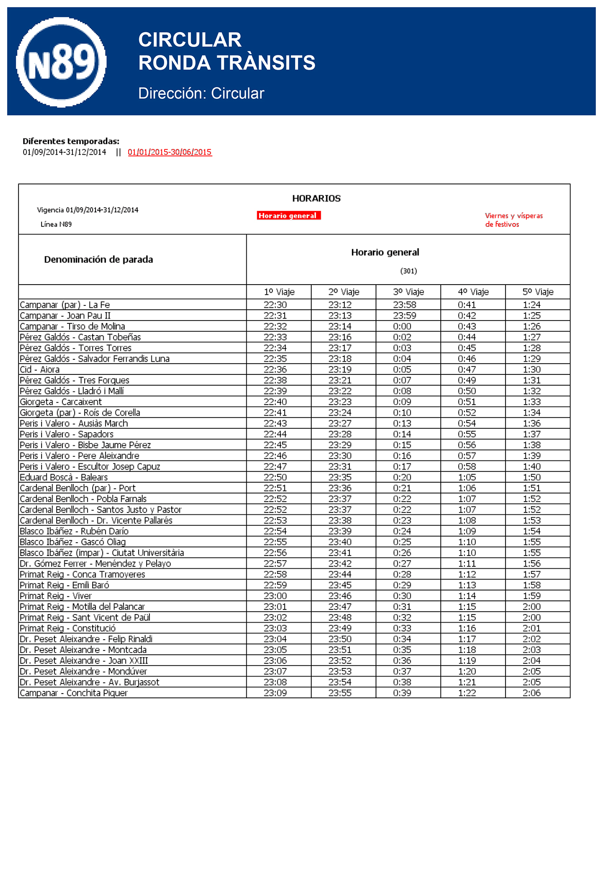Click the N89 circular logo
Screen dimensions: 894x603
tap(61, 62)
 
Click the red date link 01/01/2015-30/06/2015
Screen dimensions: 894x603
tap(170, 152)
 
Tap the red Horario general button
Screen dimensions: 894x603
tap(288, 216)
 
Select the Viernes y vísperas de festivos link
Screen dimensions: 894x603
tap(514, 220)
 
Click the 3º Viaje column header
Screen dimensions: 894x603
tap(408, 292)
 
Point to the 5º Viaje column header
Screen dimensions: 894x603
tap(538, 292)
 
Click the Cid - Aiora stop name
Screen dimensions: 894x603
tap(40, 370)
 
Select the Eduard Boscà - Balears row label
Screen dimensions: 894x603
tap(64, 477)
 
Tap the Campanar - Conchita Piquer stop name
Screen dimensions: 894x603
tap(74, 693)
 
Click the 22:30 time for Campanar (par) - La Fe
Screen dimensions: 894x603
tap(275, 305)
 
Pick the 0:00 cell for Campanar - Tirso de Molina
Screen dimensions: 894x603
tap(402, 327)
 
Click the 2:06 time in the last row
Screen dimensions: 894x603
tap(532, 693)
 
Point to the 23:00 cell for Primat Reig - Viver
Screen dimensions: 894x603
tap(275, 596)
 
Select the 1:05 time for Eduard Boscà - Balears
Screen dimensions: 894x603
tap(467, 477)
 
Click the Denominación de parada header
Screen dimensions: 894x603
tap(98, 260)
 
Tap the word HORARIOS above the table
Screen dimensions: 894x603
tap(316, 199)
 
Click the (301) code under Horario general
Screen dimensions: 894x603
tap(409, 271)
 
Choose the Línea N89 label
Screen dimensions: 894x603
tap(56, 225)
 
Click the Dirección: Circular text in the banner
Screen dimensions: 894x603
tap(201, 94)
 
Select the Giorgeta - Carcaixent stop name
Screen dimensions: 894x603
tap(61, 402)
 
